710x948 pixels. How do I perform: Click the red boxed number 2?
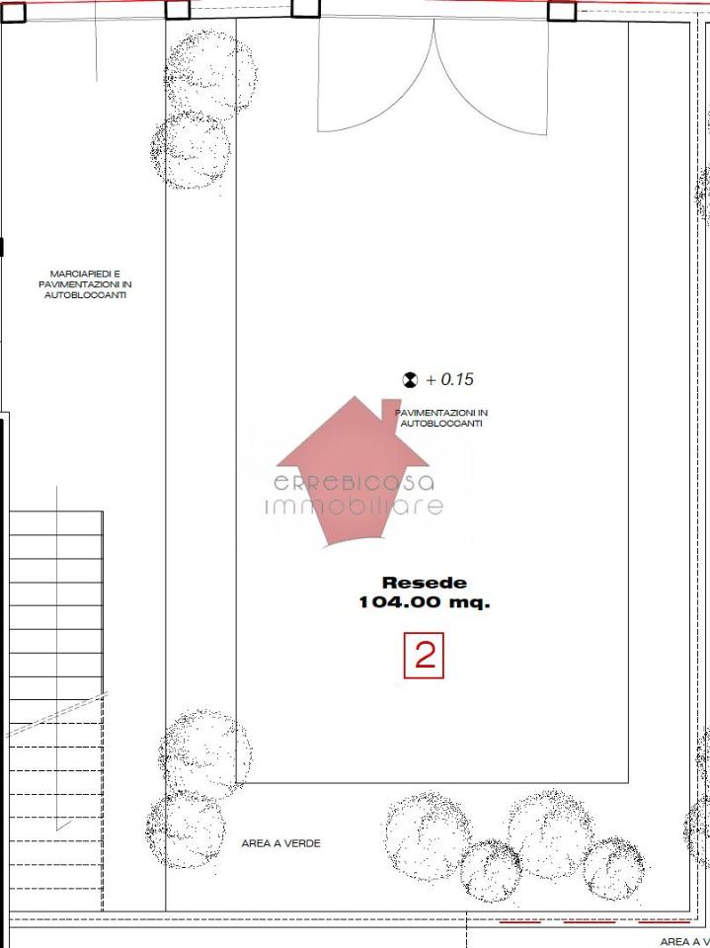click(x=424, y=655)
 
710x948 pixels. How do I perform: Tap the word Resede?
click(x=425, y=583)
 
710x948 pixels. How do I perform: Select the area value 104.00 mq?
click(x=425, y=602)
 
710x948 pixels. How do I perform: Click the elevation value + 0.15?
click(x=449, y=379)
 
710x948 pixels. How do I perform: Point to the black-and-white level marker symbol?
click(x=410, y=379)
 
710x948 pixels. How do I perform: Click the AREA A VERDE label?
click(x=280, y=843)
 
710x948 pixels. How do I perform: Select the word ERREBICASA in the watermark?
click(x=355, y=483)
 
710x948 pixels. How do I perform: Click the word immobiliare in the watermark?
click(x=355, y=506)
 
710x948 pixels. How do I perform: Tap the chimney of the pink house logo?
click(x=391, y=411)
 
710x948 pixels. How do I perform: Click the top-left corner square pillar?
click(x=13, y=12)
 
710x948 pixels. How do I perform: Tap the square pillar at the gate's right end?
click(x=562, y=11)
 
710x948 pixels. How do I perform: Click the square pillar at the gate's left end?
click(x=305, y=7)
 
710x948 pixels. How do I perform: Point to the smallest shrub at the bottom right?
click(x=490, y=871)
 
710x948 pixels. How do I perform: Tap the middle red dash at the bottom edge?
click(x=589, y=922)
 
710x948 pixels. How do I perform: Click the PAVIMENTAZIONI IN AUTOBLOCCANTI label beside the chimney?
click(x=441, y=419)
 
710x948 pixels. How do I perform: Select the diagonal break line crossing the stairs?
click(x=56, y=715)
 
